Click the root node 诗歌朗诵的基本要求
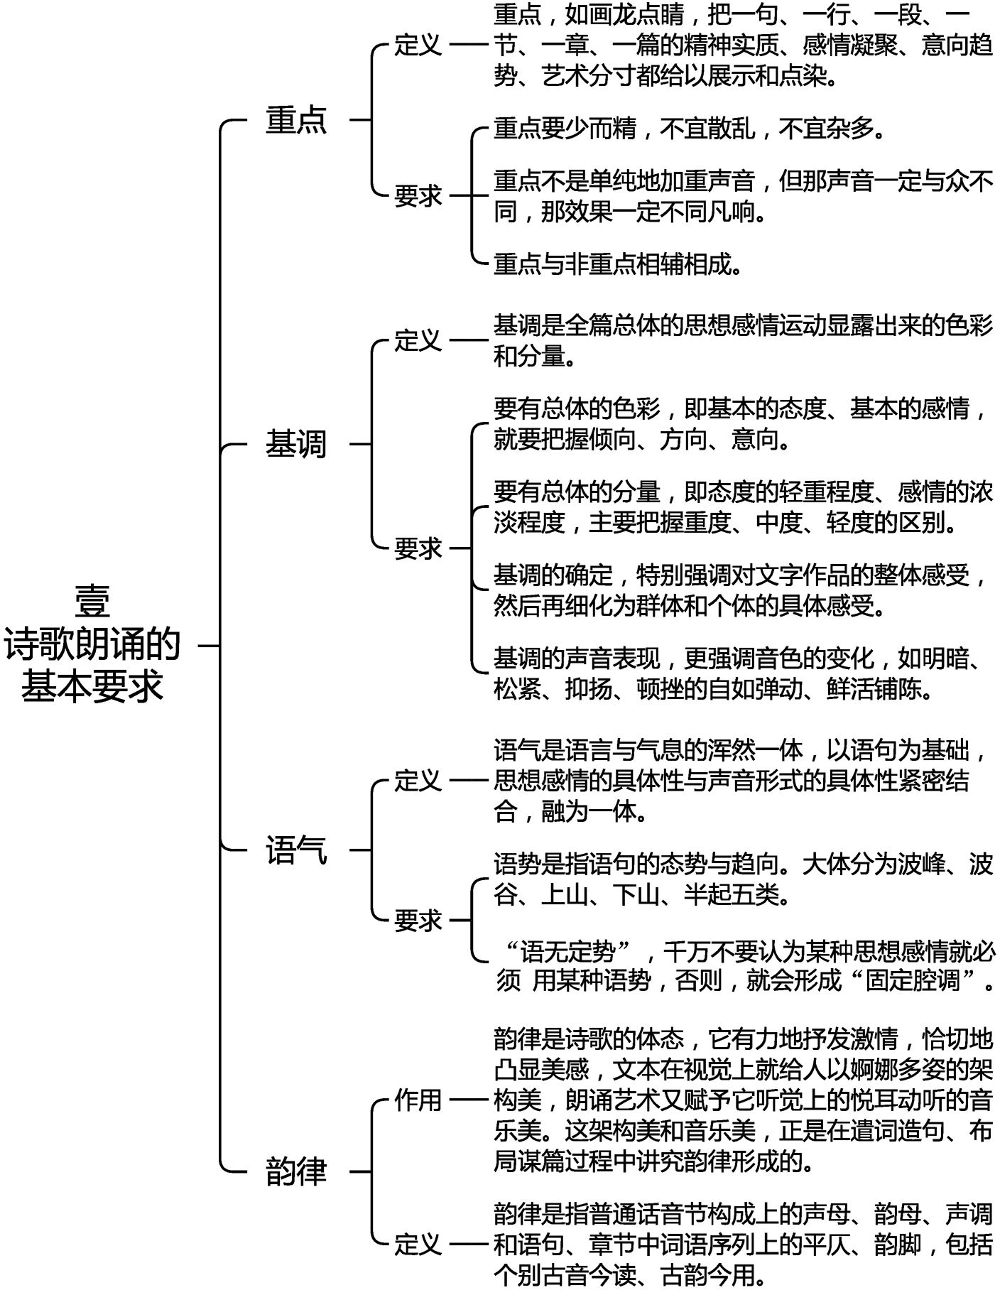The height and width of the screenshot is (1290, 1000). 92,664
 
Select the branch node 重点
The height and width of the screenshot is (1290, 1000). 296,119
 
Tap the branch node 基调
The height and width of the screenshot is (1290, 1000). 296,445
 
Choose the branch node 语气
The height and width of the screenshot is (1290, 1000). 296,850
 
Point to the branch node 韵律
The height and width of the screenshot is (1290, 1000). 296,1171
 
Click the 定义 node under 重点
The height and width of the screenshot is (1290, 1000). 418,45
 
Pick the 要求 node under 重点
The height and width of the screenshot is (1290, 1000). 418,195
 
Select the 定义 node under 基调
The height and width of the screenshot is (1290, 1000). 418,340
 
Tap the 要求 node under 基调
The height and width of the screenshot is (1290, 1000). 418,548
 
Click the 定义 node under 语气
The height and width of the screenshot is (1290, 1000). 418,781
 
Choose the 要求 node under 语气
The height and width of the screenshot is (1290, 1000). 418,921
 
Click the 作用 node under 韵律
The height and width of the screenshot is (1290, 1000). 418,1100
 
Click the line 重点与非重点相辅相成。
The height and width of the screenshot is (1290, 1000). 619,264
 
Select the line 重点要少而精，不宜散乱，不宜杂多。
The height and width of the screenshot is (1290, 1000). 690,129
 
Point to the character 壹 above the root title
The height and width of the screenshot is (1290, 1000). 92,602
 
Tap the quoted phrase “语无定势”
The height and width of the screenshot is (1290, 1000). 568,951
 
